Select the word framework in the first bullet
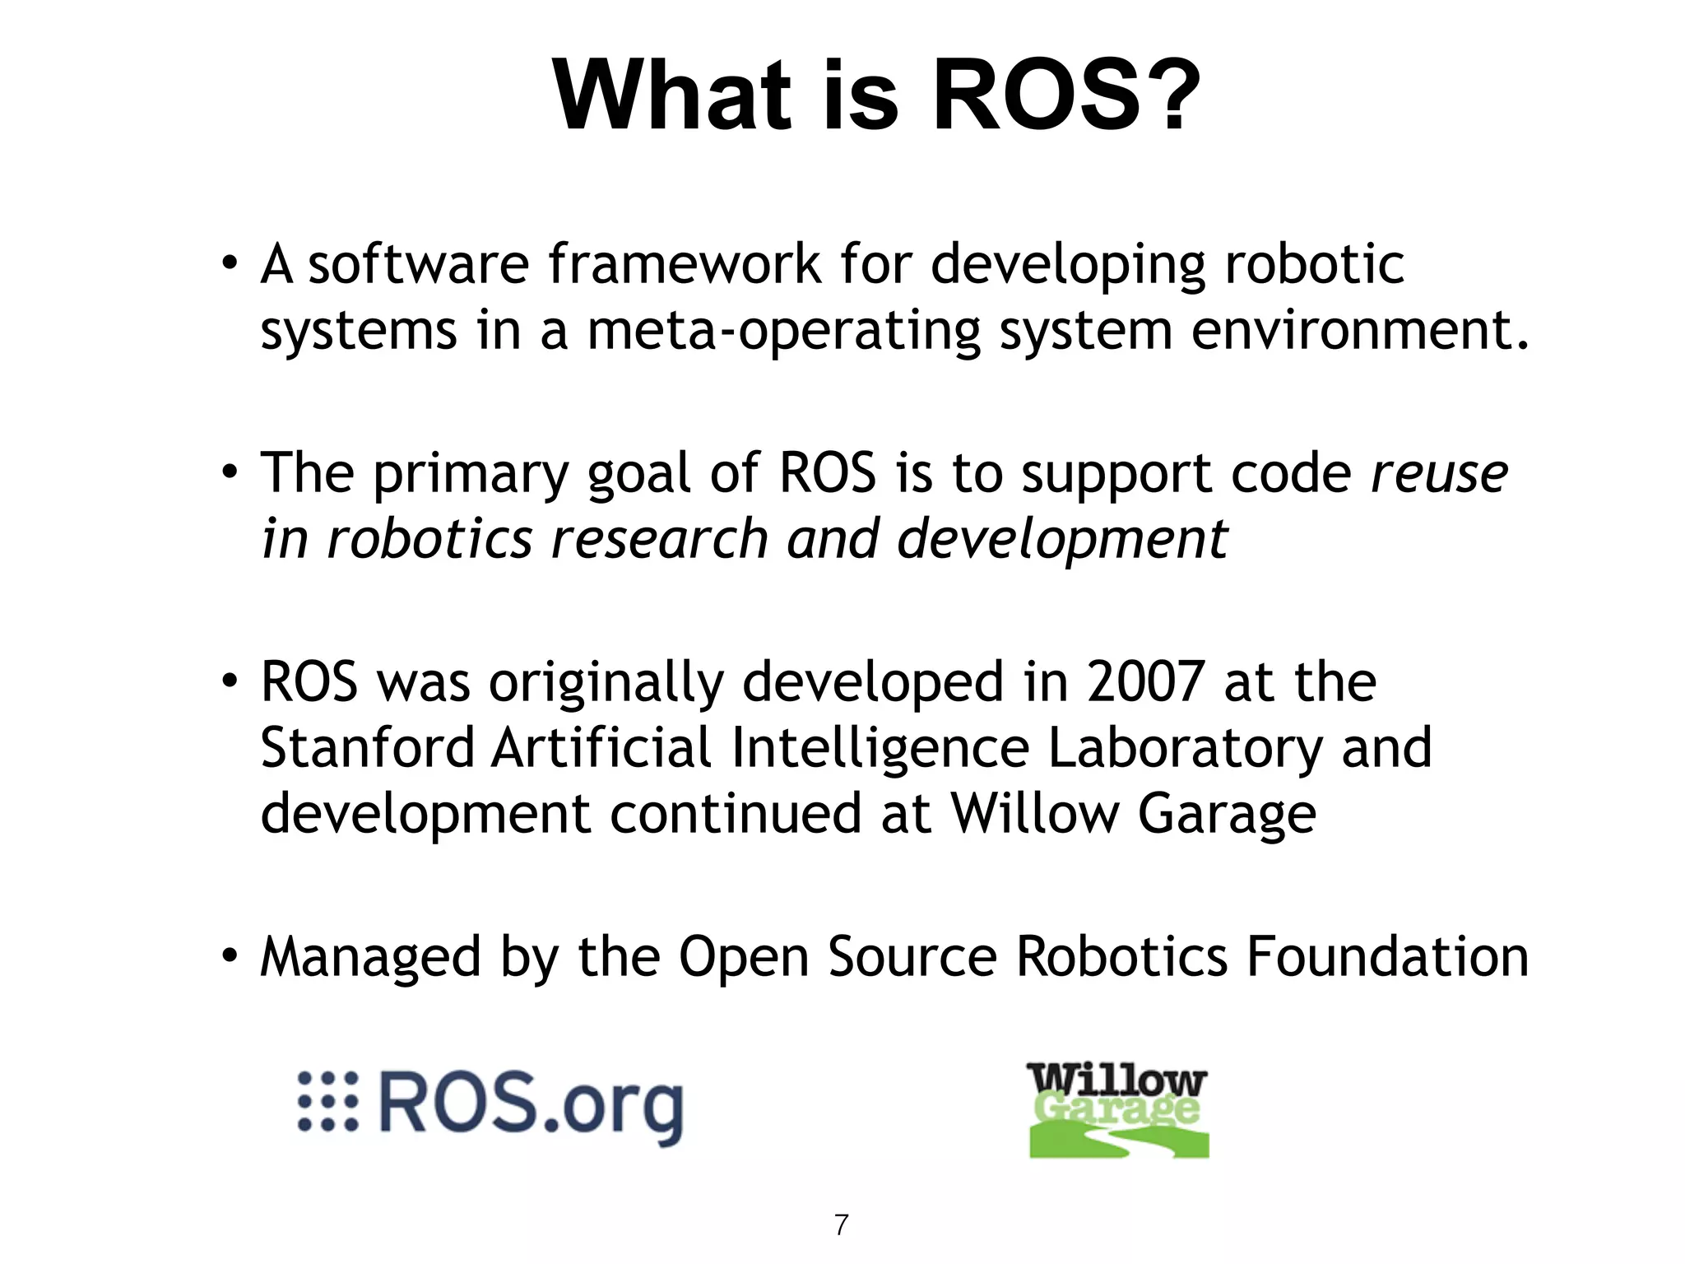pos(685,265)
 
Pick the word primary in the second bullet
pos(470,475)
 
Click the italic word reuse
pos(1439,475)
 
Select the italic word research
pos(659,540)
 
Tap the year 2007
pos(1146,682)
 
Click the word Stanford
pos(368,748)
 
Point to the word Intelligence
pos(880,748)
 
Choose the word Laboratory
pos(1185,748)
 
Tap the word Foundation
pos(1387,957)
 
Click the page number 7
pos(841,1225)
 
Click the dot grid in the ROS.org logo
pos(327,1101)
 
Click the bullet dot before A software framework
pos(230,264)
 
